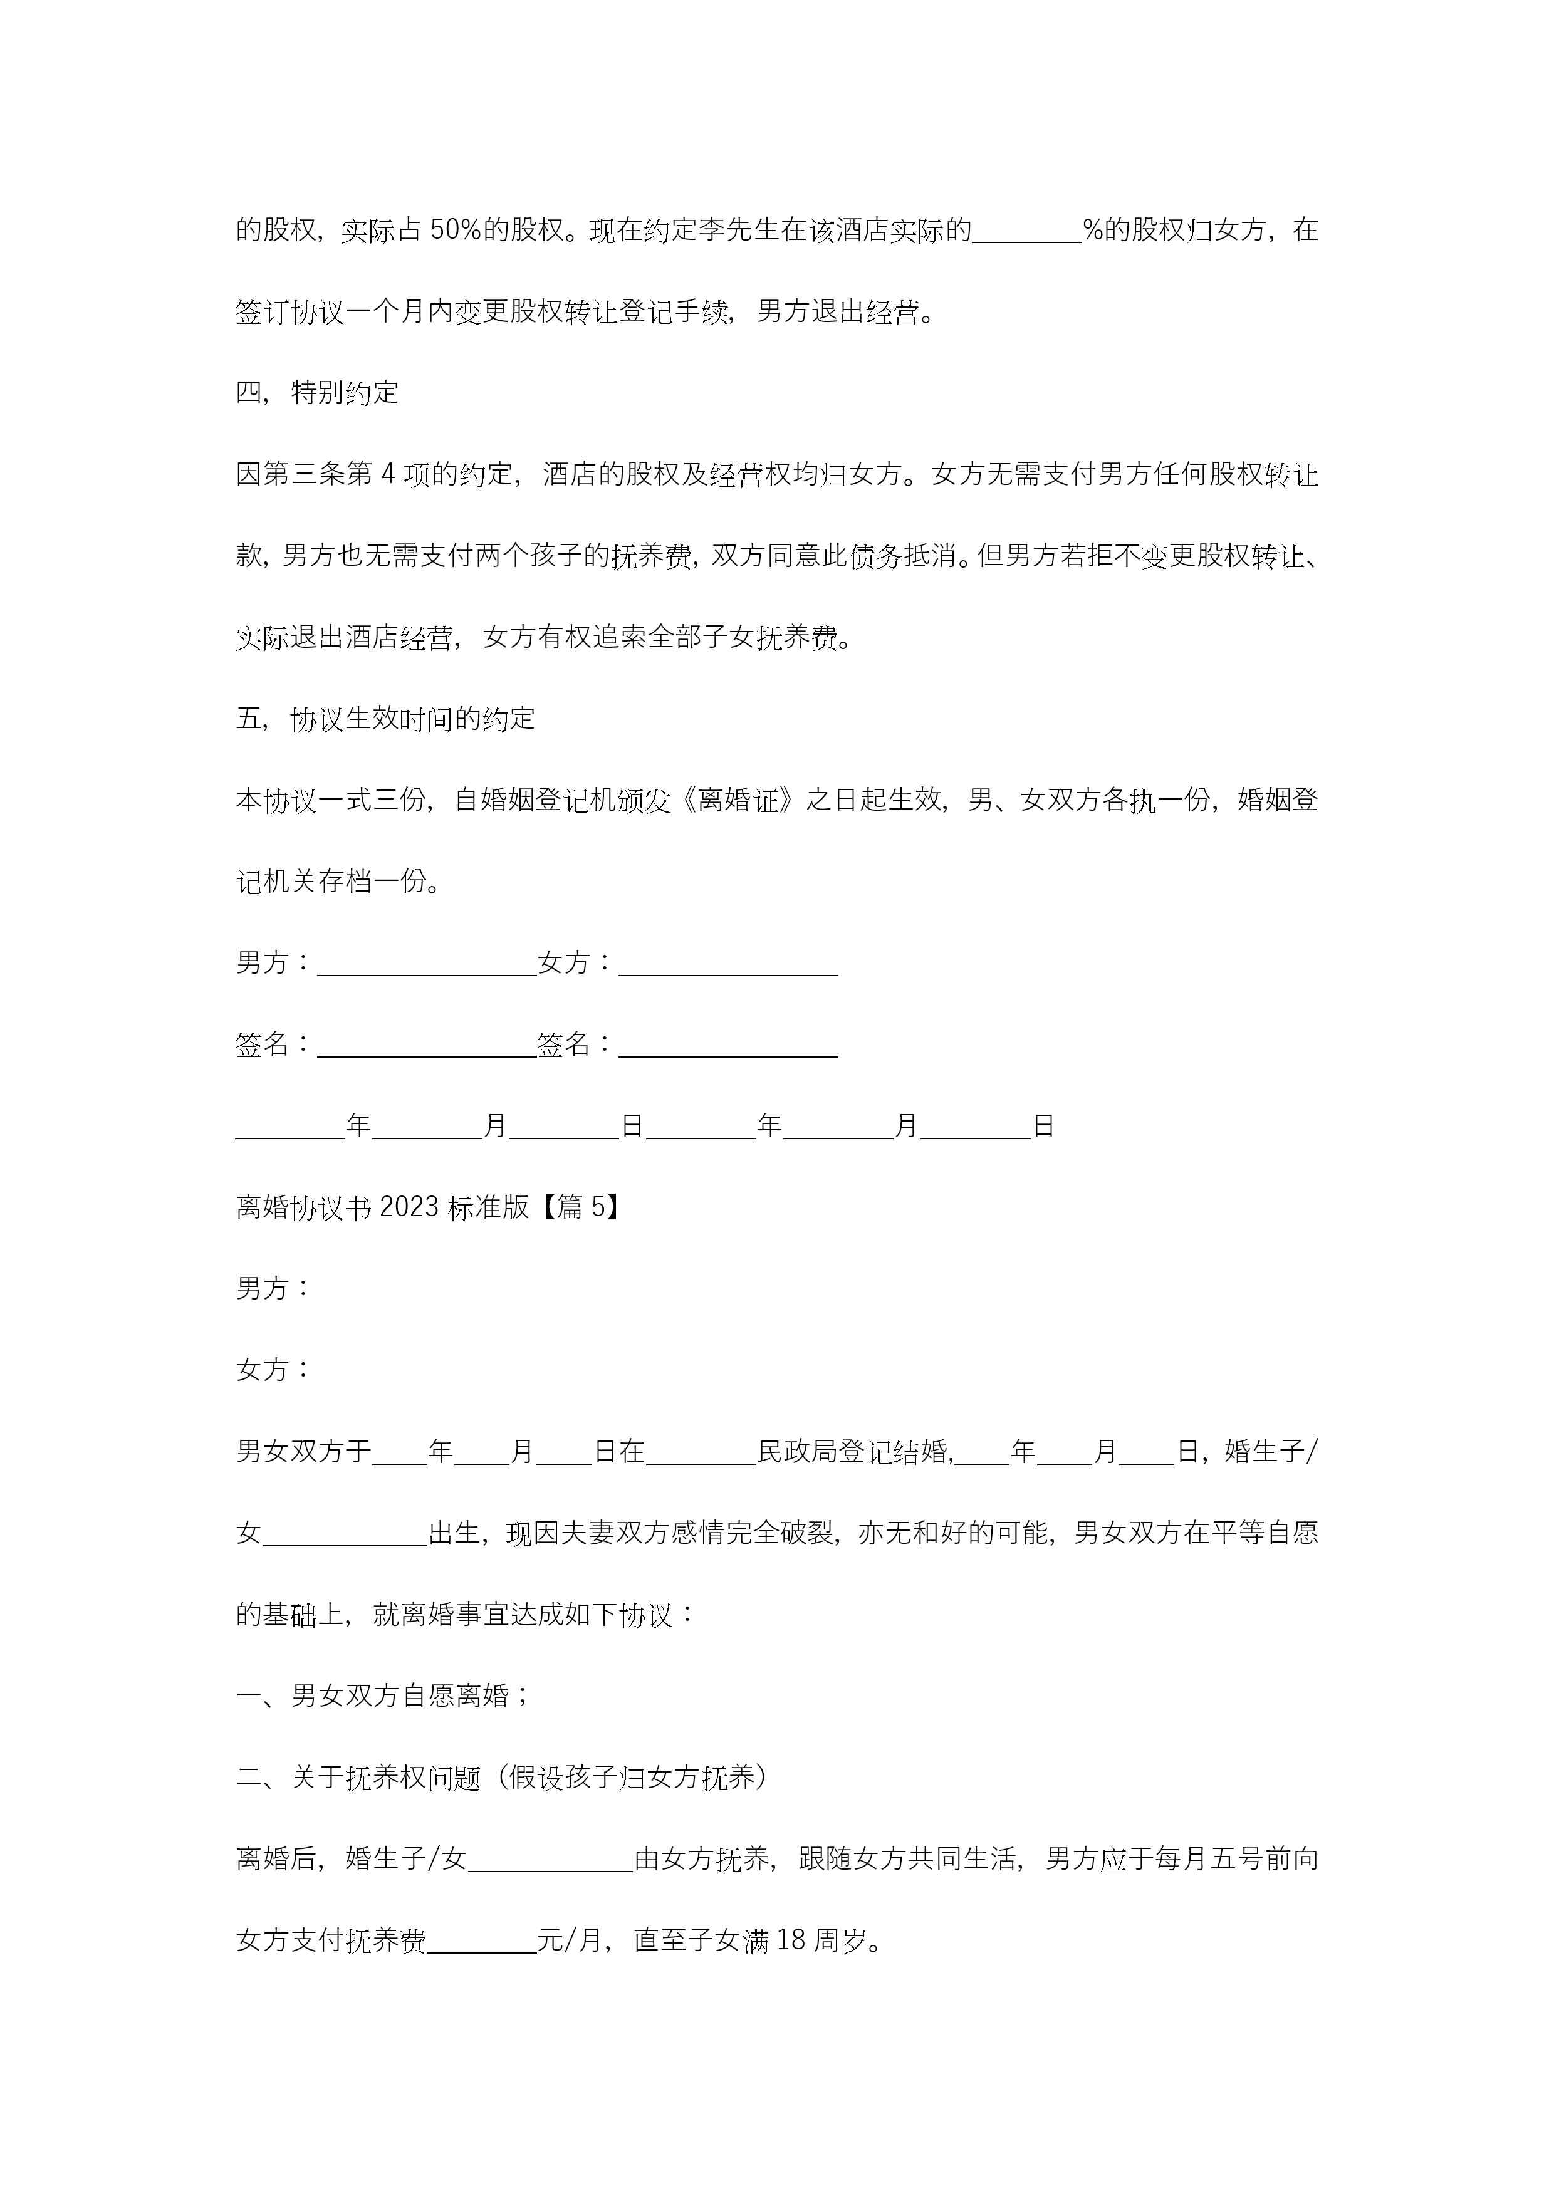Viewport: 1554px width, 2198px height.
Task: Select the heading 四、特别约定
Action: [x=317, y=392]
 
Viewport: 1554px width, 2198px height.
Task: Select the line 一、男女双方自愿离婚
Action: [x=383, y=1696]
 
